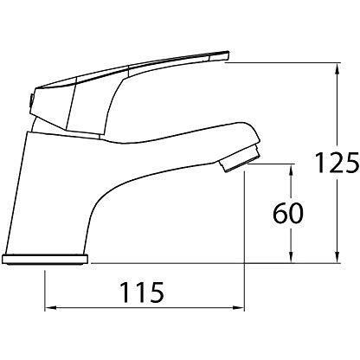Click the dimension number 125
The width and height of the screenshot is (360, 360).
[x=337, y=163]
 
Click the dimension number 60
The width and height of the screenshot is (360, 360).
[x=288, y=214]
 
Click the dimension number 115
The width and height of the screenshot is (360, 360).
[x=142, y=292]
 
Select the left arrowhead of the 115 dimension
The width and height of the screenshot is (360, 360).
[x=50, y=308]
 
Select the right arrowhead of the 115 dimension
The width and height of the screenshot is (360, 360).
[x=239, y=308]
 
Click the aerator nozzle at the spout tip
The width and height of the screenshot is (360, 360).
[x=241, y=159]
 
